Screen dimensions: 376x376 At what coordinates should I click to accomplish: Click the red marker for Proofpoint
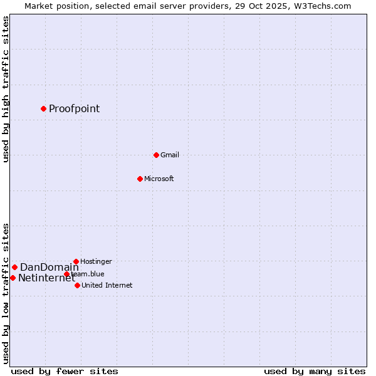[x=43, y=108]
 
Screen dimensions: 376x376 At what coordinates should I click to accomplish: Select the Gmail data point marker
[x=156, y=155]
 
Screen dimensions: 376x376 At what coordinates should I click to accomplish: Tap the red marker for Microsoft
[x=140, y=179]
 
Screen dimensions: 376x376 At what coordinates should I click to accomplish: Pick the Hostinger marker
[x=76, y=261]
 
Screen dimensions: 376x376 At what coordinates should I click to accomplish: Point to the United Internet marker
[x=77, y=285]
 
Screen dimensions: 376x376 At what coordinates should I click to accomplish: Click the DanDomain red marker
[x=14, y=267]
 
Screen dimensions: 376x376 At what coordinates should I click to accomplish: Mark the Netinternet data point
[x=13, y=278]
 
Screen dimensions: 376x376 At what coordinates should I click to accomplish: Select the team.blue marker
[x=66, y=274]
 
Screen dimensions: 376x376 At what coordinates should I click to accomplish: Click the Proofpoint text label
[x=74, y=109]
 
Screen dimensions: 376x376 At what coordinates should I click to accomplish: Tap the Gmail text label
[x=169, y=155]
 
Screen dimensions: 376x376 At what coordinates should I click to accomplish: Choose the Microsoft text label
[x=159, y=179]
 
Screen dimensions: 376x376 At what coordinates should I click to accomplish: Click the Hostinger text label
[x=96, y=262]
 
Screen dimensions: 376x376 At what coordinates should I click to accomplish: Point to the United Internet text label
[x=107, y=286]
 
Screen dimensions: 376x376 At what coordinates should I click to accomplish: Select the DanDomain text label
[x=50, y=268]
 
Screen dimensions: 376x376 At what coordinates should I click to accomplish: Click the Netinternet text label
[x=46, y=278]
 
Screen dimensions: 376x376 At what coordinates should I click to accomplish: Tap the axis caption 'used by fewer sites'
[x=65, y=371]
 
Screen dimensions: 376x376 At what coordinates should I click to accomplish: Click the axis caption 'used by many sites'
[x=315, y=371]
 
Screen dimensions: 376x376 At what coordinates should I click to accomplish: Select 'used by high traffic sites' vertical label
[x=6, y=89]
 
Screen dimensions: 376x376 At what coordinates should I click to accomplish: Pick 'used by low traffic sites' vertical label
[x=6, y=293]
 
